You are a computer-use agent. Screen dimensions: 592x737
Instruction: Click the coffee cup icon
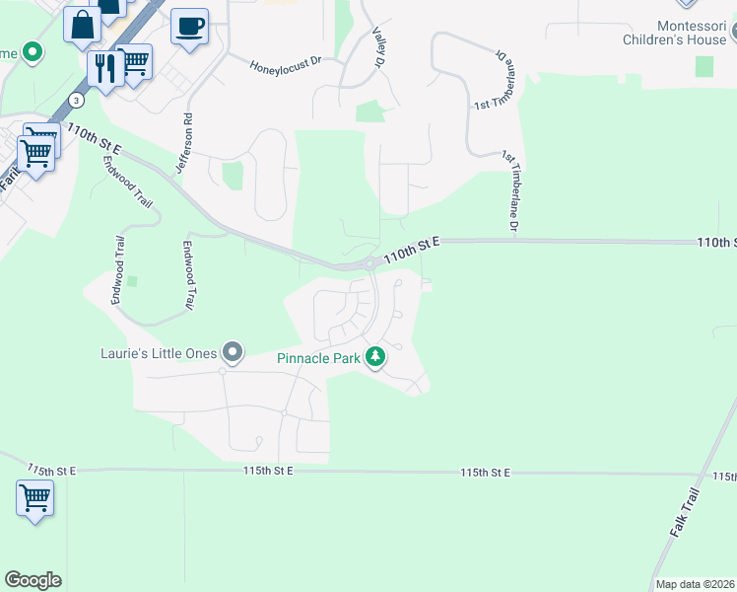(x=189, y=27)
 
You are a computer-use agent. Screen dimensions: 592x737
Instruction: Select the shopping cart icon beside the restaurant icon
(x=134, y=63)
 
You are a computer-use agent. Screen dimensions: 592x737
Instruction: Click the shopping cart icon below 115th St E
(x=34, y=497)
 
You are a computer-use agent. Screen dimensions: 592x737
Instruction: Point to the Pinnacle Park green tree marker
(x=374, y=357)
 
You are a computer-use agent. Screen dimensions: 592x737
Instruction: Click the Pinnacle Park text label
(x=317, y=358)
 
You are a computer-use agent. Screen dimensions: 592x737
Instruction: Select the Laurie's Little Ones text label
(x=159, y=352)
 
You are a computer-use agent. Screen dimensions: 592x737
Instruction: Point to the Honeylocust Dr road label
(x=286, y=62)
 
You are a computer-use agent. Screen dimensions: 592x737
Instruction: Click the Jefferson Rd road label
(x=182, y=144)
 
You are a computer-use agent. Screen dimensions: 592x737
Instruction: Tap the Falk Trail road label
(x=684, y=513)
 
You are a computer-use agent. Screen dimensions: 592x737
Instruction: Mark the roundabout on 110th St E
(x=370, y=263)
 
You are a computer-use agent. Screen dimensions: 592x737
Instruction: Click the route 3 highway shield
(x=77, y=100)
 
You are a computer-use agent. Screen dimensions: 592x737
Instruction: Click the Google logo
(x=33, y=580)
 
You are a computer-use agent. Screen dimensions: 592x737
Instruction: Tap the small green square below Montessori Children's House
(x=703, y=66)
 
